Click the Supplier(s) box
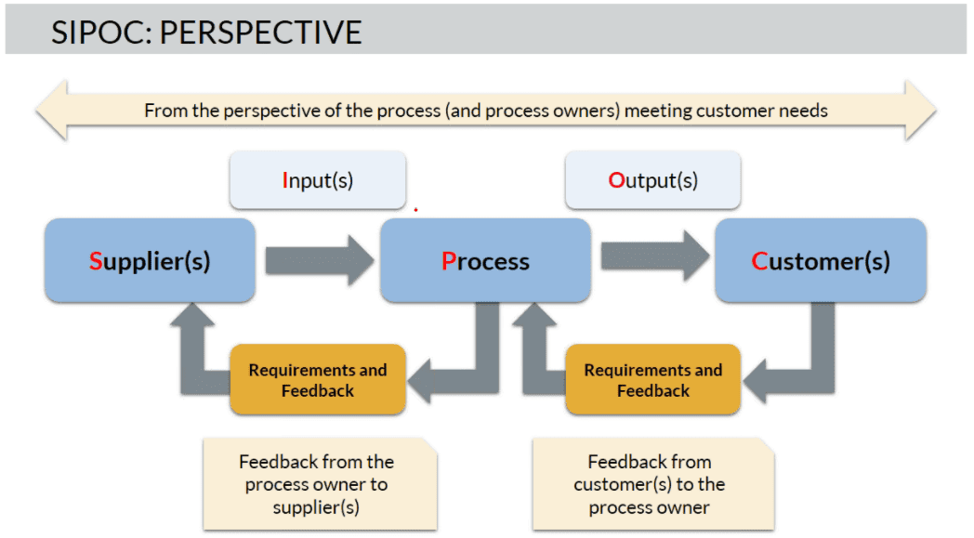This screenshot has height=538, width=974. (150, 260)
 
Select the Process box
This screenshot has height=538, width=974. (485, 260)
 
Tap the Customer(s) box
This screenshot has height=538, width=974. (821, 260)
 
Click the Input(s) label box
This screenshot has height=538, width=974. (318, 180)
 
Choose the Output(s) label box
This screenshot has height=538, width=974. (652, 180)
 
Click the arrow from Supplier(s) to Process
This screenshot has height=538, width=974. (320, 260)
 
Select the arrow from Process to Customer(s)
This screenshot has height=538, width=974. (654, 256)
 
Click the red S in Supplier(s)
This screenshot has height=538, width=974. (95, 261)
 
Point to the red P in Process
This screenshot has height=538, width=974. (449, 261)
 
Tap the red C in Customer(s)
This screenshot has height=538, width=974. (759, 261)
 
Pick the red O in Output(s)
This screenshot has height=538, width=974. (616, 180)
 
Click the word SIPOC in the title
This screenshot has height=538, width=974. (101, 33)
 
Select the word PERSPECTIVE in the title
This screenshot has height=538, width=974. (261, 33)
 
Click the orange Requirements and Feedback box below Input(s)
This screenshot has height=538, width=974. (318, 380)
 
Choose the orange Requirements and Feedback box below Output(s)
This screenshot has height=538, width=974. (652, 380)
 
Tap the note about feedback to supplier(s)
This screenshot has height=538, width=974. (320, 484)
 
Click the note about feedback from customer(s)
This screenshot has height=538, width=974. (652, 484)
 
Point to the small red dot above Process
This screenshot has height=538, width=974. (415, 210)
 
